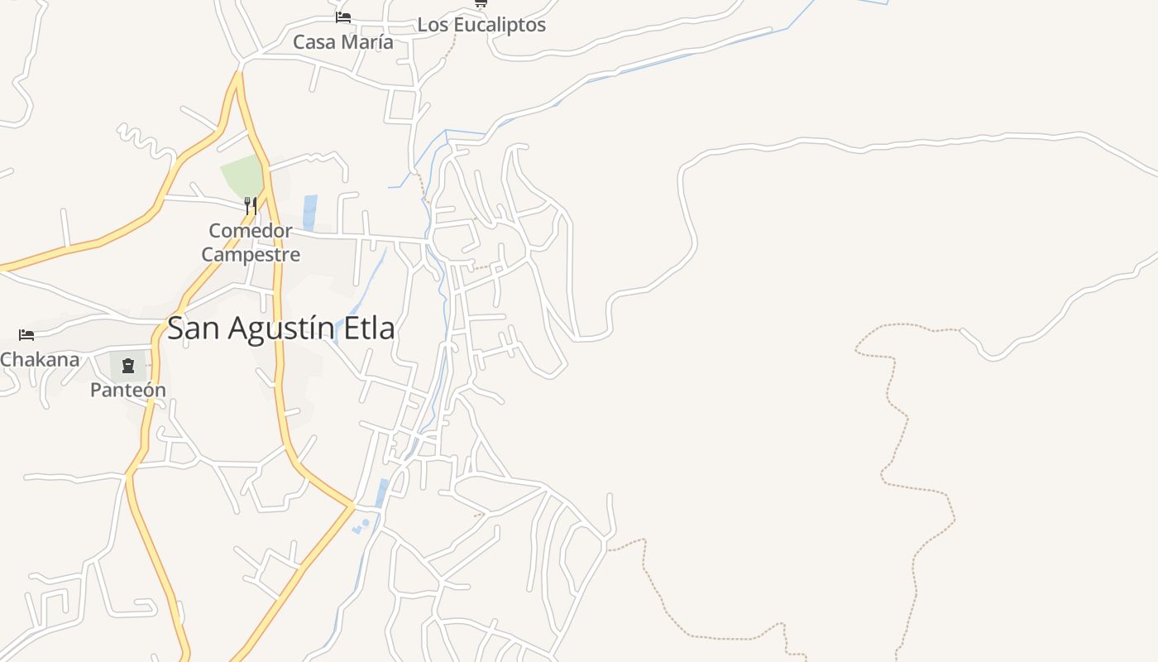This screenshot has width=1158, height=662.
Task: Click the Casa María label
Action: [x=343, y=41]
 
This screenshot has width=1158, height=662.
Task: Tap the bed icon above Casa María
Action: [x=343, y=17]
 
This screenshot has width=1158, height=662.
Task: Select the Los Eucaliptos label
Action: [x=481, y=25]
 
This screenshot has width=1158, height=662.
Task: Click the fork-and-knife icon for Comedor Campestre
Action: [x=251, y=205]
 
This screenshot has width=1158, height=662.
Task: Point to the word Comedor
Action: [x=251, y=231]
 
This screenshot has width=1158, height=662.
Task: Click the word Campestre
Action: [x=251, y=254]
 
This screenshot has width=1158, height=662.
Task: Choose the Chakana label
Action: [x=40, y=359]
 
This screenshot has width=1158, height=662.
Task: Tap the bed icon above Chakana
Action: [x=26, y=335]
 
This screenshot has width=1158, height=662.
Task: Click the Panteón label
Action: [x=128, y=390]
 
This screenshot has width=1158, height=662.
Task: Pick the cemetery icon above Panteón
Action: [x=128, y=365]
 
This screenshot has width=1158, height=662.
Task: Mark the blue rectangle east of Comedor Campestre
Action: [x=310, y=212]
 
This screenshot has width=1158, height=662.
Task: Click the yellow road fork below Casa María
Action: [x=237, y=79]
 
